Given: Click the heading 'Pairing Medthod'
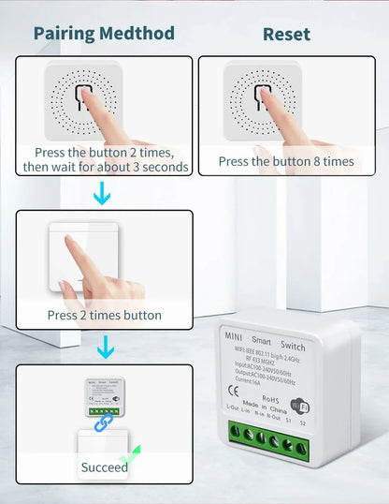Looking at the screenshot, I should pos(104,33).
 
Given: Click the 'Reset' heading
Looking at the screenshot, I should pos(286,33).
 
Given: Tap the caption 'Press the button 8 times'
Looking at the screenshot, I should pos(286,161).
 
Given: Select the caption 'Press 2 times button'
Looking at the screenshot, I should pos(104,315).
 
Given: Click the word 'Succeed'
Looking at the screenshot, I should pos(104,467).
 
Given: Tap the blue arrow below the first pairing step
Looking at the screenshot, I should pos(104,192).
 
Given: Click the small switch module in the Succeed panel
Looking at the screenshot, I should pos(104,393).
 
